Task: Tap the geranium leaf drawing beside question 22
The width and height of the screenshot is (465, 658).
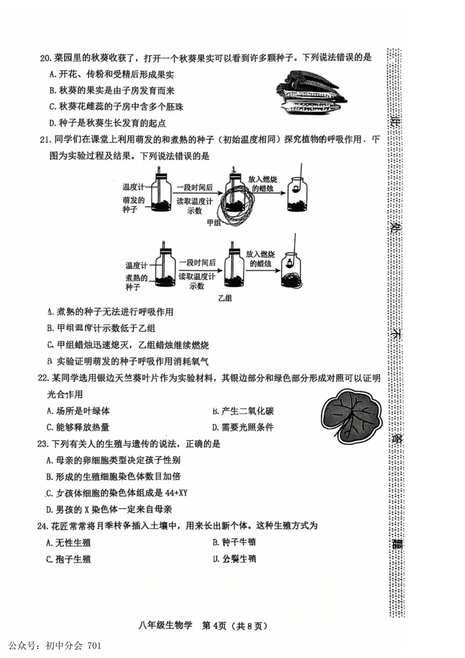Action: point(351,415)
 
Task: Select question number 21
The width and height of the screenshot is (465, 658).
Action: point(45,140)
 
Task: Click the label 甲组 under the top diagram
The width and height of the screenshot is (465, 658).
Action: point(214,222)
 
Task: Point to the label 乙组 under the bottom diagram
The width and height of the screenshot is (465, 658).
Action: point(225,298)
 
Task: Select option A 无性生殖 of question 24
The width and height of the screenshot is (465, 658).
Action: point(68,543)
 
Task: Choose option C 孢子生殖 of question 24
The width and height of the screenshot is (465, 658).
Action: point(68,559)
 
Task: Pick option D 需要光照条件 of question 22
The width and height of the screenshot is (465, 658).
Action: point(243,427)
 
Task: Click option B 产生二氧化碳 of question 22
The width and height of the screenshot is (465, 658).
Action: point(243,411)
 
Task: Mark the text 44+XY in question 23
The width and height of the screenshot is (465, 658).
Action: point(176,493)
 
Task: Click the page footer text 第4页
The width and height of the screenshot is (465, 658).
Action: point(214,625)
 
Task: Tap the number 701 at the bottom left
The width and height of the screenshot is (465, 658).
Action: point(94,646)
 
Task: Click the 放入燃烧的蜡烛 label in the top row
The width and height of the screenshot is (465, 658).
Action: point(263,184)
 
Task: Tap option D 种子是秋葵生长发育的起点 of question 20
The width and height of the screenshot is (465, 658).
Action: point(107,123)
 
